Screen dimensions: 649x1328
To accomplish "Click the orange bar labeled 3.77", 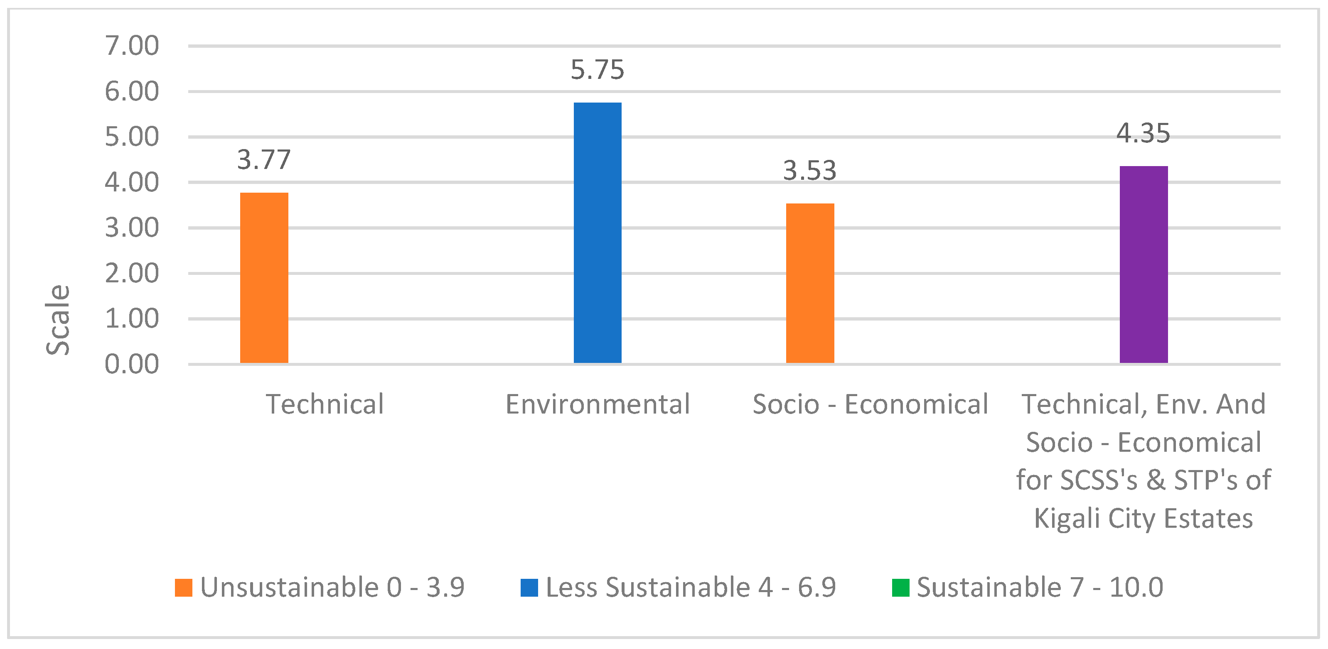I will (x=264, y=278).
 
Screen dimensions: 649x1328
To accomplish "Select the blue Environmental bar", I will (x=598, y=233).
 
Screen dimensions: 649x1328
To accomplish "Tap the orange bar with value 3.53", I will (x=810, y=283).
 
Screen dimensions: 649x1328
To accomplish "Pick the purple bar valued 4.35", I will (x=1144, y=265).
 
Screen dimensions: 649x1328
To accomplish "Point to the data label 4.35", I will (x=1144, y=133).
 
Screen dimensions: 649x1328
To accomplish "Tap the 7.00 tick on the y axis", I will (x=132, y=45).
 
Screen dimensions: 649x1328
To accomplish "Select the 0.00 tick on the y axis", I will (x=132, y=364).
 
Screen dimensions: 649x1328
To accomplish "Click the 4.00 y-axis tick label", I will (x=132, y=182).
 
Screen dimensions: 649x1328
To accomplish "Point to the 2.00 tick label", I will (x=132, y=273).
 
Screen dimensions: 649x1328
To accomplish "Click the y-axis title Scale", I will (x=58, y=319).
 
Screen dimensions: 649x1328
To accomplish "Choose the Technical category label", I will (x=325, y=404).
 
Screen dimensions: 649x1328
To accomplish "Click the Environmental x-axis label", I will (x=598, y=404).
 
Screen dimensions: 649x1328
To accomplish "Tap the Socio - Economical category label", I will (x=870, y=404).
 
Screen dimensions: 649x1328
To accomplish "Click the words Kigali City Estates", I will (x=1144, y=518).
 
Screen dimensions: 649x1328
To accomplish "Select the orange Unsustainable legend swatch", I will (x=184, y=588).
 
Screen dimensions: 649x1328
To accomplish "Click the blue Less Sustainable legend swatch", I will (x=529, y=588).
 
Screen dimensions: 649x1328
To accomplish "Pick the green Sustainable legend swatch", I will (x=900, y=588).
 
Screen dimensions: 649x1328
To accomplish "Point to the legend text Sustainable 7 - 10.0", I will (x=1040, y=588).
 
